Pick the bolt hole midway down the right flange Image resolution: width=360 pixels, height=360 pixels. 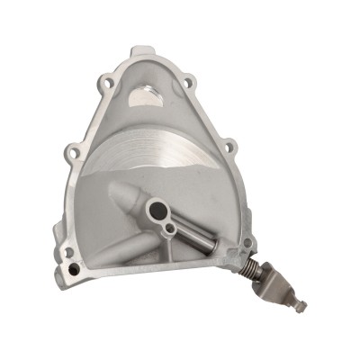pos(229,146)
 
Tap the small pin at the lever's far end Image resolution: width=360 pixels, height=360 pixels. pos(301,307)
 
